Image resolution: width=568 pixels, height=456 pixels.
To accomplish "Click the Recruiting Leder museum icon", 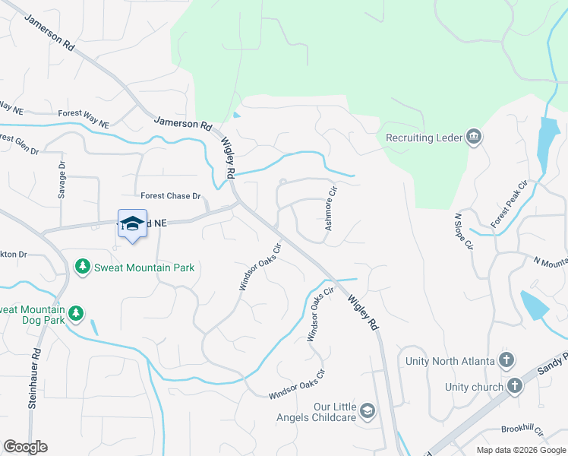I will click(475, 137).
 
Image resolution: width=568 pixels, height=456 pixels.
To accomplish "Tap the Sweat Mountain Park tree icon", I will click(82, 267).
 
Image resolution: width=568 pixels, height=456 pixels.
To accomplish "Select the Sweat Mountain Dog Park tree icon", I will click(75, 314).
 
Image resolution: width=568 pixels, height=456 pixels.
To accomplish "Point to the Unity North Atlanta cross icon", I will click(506, 360).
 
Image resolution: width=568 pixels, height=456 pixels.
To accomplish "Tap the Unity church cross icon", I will click(516, 386).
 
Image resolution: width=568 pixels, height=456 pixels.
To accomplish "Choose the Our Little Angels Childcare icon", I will click(368, 411).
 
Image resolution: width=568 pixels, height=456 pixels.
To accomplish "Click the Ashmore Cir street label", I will click(330, 211).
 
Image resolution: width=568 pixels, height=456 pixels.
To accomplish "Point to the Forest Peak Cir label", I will click(509, 204).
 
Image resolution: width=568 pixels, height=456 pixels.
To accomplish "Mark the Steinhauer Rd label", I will click(33, 381).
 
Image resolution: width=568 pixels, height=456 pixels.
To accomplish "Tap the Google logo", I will click(24, 447).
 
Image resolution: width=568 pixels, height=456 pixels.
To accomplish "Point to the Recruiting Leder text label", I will click(423, 138).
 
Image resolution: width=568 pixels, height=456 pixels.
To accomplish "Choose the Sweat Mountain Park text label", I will click(144, 268).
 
